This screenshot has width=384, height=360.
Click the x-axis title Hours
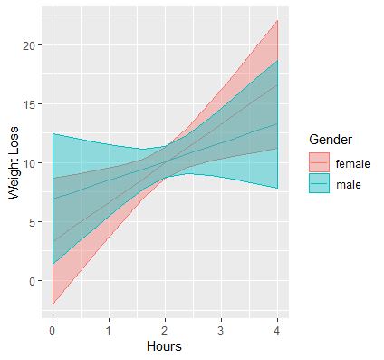point(165,345)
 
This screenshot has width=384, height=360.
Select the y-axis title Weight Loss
point(14,163)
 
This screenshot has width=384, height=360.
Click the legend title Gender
point(331,140)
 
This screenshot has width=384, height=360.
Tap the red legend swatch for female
point(319,162)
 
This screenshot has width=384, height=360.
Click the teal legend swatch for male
point(319,185)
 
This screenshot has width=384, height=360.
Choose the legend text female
point(353,163)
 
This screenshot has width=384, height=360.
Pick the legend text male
point(348,185)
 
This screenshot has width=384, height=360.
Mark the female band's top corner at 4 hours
point(276,20)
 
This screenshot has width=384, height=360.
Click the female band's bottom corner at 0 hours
point(53,304)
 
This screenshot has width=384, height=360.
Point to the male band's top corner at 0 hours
point(53,134)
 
